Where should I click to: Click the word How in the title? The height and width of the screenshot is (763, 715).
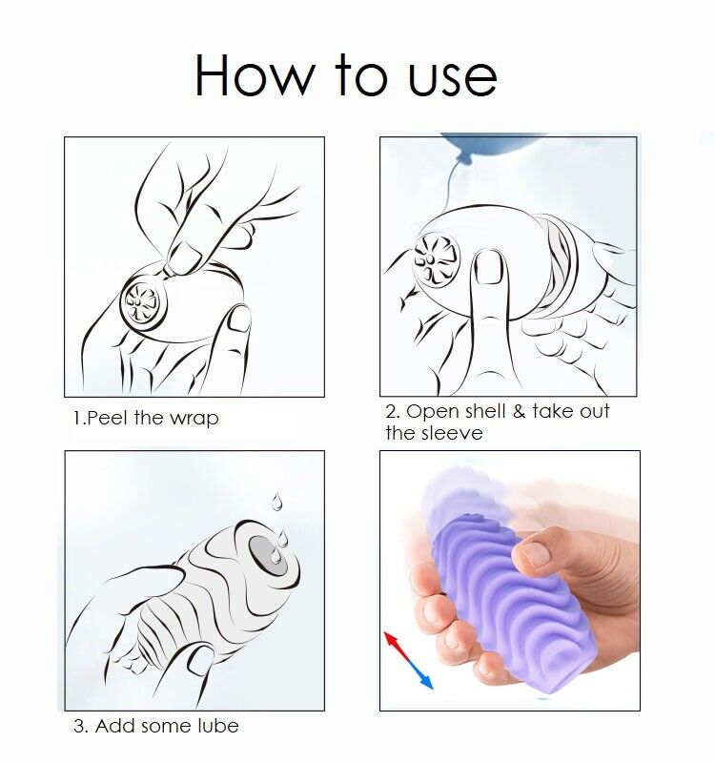tap(250, 75)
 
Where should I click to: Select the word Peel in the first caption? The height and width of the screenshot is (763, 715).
tap(108, 418)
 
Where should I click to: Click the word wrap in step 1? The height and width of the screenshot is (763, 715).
tap(194, 419)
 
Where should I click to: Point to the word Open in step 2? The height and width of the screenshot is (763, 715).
tap(433, 412)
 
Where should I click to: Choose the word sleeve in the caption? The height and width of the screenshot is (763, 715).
tap(452, 433)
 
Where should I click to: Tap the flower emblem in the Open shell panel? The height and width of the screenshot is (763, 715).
tap(437, 258)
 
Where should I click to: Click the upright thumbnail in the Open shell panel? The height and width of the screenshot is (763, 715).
tap(488, 270)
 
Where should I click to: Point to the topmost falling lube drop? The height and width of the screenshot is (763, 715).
tap(276, 501)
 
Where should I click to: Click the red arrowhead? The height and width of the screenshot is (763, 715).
tap(389, 637)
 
